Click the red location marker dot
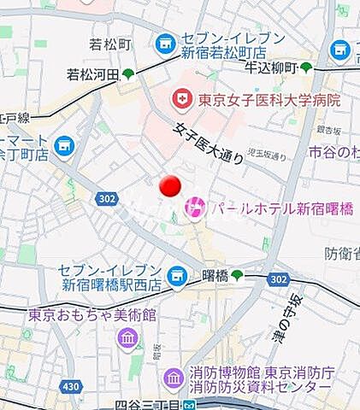click(x=170, y=185)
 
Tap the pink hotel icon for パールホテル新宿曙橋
click(x=195, y=206)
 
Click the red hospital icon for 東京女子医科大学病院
click(x=181, y=100)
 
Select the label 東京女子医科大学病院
click(x=269, y=100)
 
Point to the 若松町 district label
click(x=109, y=44)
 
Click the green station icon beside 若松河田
click(x=128, y=74)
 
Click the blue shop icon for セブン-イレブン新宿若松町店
click(x=164, y=43)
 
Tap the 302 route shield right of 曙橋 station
click(x=278, y=278)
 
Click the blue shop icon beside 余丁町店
click(x=62, y=147)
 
